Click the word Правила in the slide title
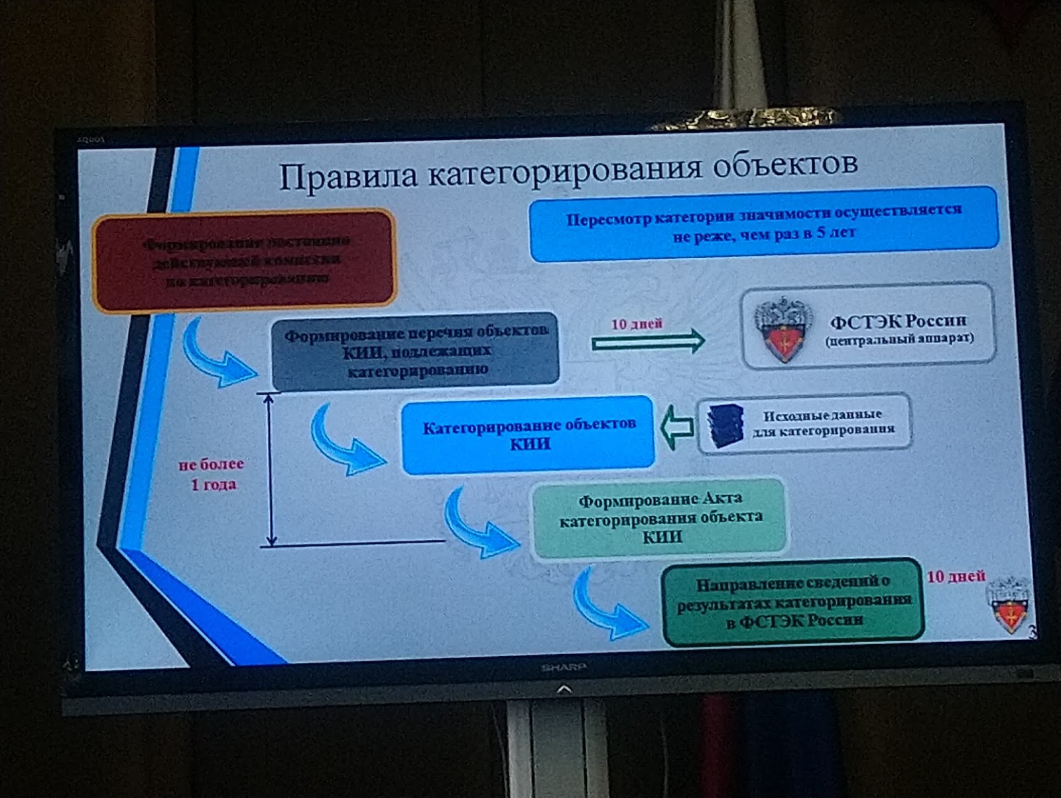(347, 176)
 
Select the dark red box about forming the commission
(244, 260)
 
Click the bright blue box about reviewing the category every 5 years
(764, 224)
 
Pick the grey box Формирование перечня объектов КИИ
(416, 351)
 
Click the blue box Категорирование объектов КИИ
(529, 434)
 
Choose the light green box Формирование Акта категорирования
(660, 517)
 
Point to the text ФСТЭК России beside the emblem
(899, 322)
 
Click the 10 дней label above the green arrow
(637, 324)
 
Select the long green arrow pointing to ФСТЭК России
(648, 342)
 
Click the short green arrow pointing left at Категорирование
(676, 428)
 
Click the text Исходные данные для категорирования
(823, 423)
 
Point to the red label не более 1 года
(212, 474)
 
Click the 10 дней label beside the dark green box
(956, 576)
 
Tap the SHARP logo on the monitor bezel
(563, 667)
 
